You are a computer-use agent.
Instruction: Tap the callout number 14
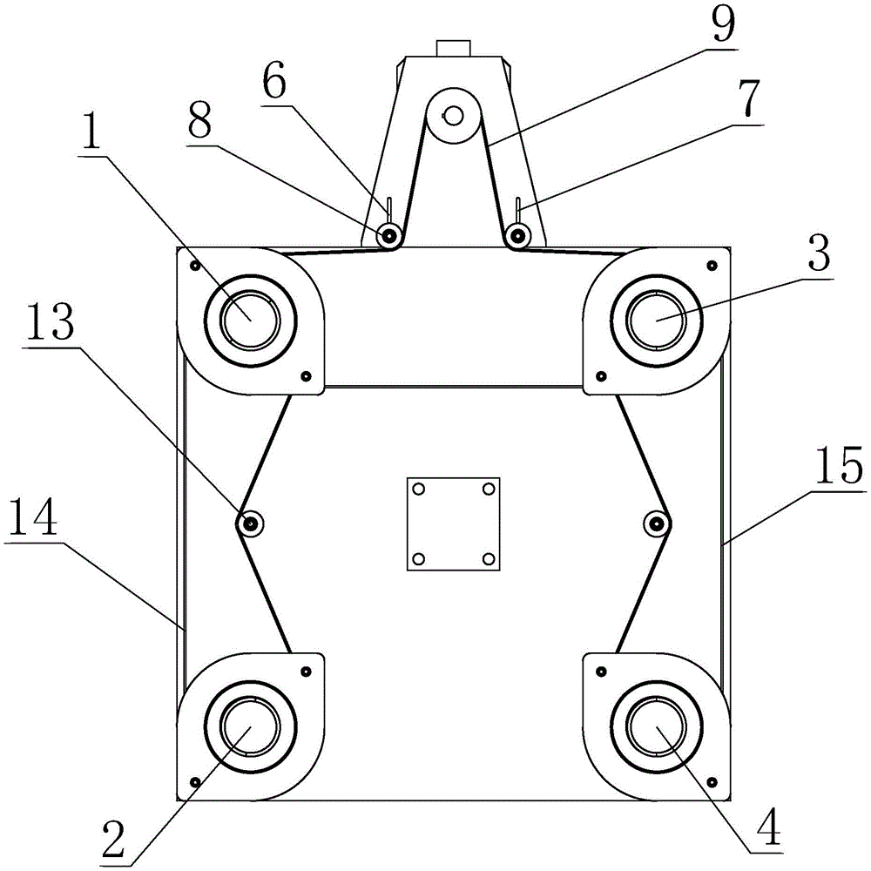click(x=31, y=518)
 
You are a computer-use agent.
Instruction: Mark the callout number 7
click(x=746, y=105)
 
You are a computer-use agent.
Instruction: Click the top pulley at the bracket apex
click(x=453, y=115)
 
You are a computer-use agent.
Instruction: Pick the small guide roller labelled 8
click(x=388, y=234)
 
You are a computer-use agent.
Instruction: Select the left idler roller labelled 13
click(x=251, y=523)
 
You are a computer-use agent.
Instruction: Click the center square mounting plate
click(x=453, y=523)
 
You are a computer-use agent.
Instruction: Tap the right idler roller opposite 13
click(x=656, y=523)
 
